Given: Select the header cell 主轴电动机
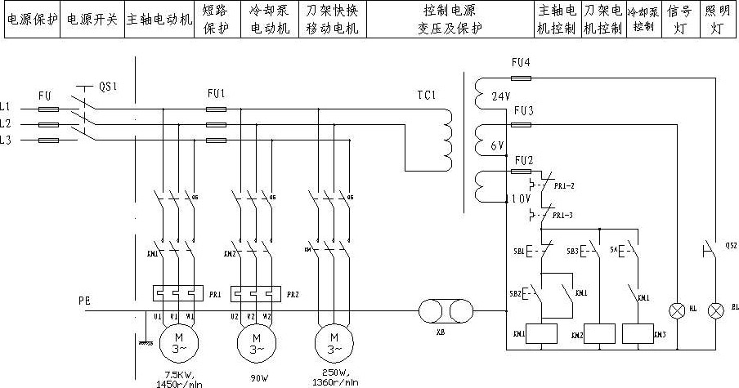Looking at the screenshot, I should [x=159, y=18].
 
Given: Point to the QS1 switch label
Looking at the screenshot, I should [x=108, y=86].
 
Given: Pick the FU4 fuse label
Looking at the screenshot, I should [x=521, y=63].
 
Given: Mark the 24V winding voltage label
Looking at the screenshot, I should [x=501, y=96].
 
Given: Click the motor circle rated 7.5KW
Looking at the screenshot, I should [x=175, y=339].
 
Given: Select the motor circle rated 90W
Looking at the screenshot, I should [x=253, y=339].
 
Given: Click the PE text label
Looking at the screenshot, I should [x=84, y=301].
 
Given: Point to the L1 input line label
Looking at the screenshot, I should [x=7, y=107].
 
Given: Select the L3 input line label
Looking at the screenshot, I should [x=7, y=140].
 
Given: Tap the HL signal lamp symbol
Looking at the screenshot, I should [x=678, y=310].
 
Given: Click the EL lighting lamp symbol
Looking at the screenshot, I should [x=717, y=310].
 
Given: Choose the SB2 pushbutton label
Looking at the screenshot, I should [x=516, y=292].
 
